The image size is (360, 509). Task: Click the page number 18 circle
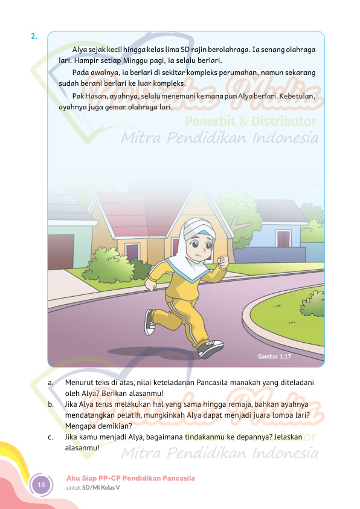pyautogui.click(x=42, y=485)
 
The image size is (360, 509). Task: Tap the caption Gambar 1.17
pyautogui.click(x=274, y=357)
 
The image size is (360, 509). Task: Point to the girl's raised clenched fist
pyautogui.click(x=222, y=261)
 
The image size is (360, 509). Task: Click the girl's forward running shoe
pyautogui.click(x=210, y=348)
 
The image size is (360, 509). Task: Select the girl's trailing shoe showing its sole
pyautogui.click(x=149, y=322)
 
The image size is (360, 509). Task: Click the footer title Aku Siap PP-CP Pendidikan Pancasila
pyautogui.click(x=130, y=478)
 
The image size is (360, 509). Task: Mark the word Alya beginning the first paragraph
pyautogui.click(x=79, y=50)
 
